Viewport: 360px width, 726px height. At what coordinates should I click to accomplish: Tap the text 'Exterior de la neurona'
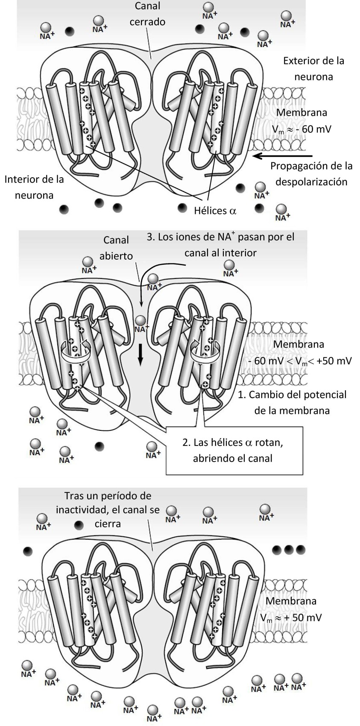click(313, 68)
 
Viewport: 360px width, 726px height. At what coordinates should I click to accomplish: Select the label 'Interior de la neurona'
click(34, 187)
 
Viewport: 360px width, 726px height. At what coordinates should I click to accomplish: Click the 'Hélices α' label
click(215, 210)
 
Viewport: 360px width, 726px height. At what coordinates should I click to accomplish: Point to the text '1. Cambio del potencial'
click(292, 394)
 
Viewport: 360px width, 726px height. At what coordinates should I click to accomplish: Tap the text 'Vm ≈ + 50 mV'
click(291, 618)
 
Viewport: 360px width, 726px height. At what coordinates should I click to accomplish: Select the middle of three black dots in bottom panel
click(289, 549)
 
